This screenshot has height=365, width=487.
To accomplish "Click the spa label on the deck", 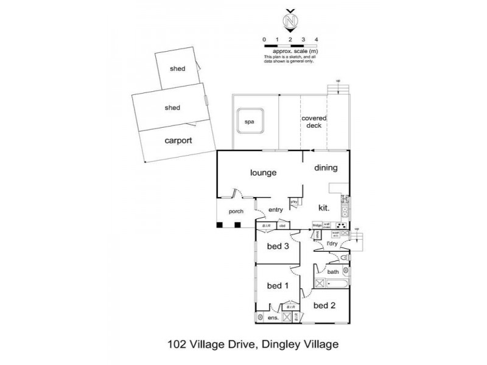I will pos(249,122).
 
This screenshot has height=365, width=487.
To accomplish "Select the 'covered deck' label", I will pos(314,122).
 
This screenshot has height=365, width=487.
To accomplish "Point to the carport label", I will pos(178,140).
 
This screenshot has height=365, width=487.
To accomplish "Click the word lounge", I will pos(263,173).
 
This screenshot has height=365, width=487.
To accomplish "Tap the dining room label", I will pos(326,168).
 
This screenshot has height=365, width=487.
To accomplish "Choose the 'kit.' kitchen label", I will pos(323,207).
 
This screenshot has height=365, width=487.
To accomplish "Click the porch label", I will pos(236,212).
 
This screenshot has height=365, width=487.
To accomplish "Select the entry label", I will pos(276,210).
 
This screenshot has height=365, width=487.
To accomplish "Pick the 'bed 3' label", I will pos(278,246).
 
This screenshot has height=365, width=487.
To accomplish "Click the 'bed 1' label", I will pos(278,285).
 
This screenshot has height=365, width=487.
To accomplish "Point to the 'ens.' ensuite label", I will pos(273,318).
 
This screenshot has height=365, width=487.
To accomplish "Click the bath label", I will pos(333,272).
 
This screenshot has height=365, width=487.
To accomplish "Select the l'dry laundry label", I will pos(332,244).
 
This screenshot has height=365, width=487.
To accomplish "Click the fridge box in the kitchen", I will pos(317,225).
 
